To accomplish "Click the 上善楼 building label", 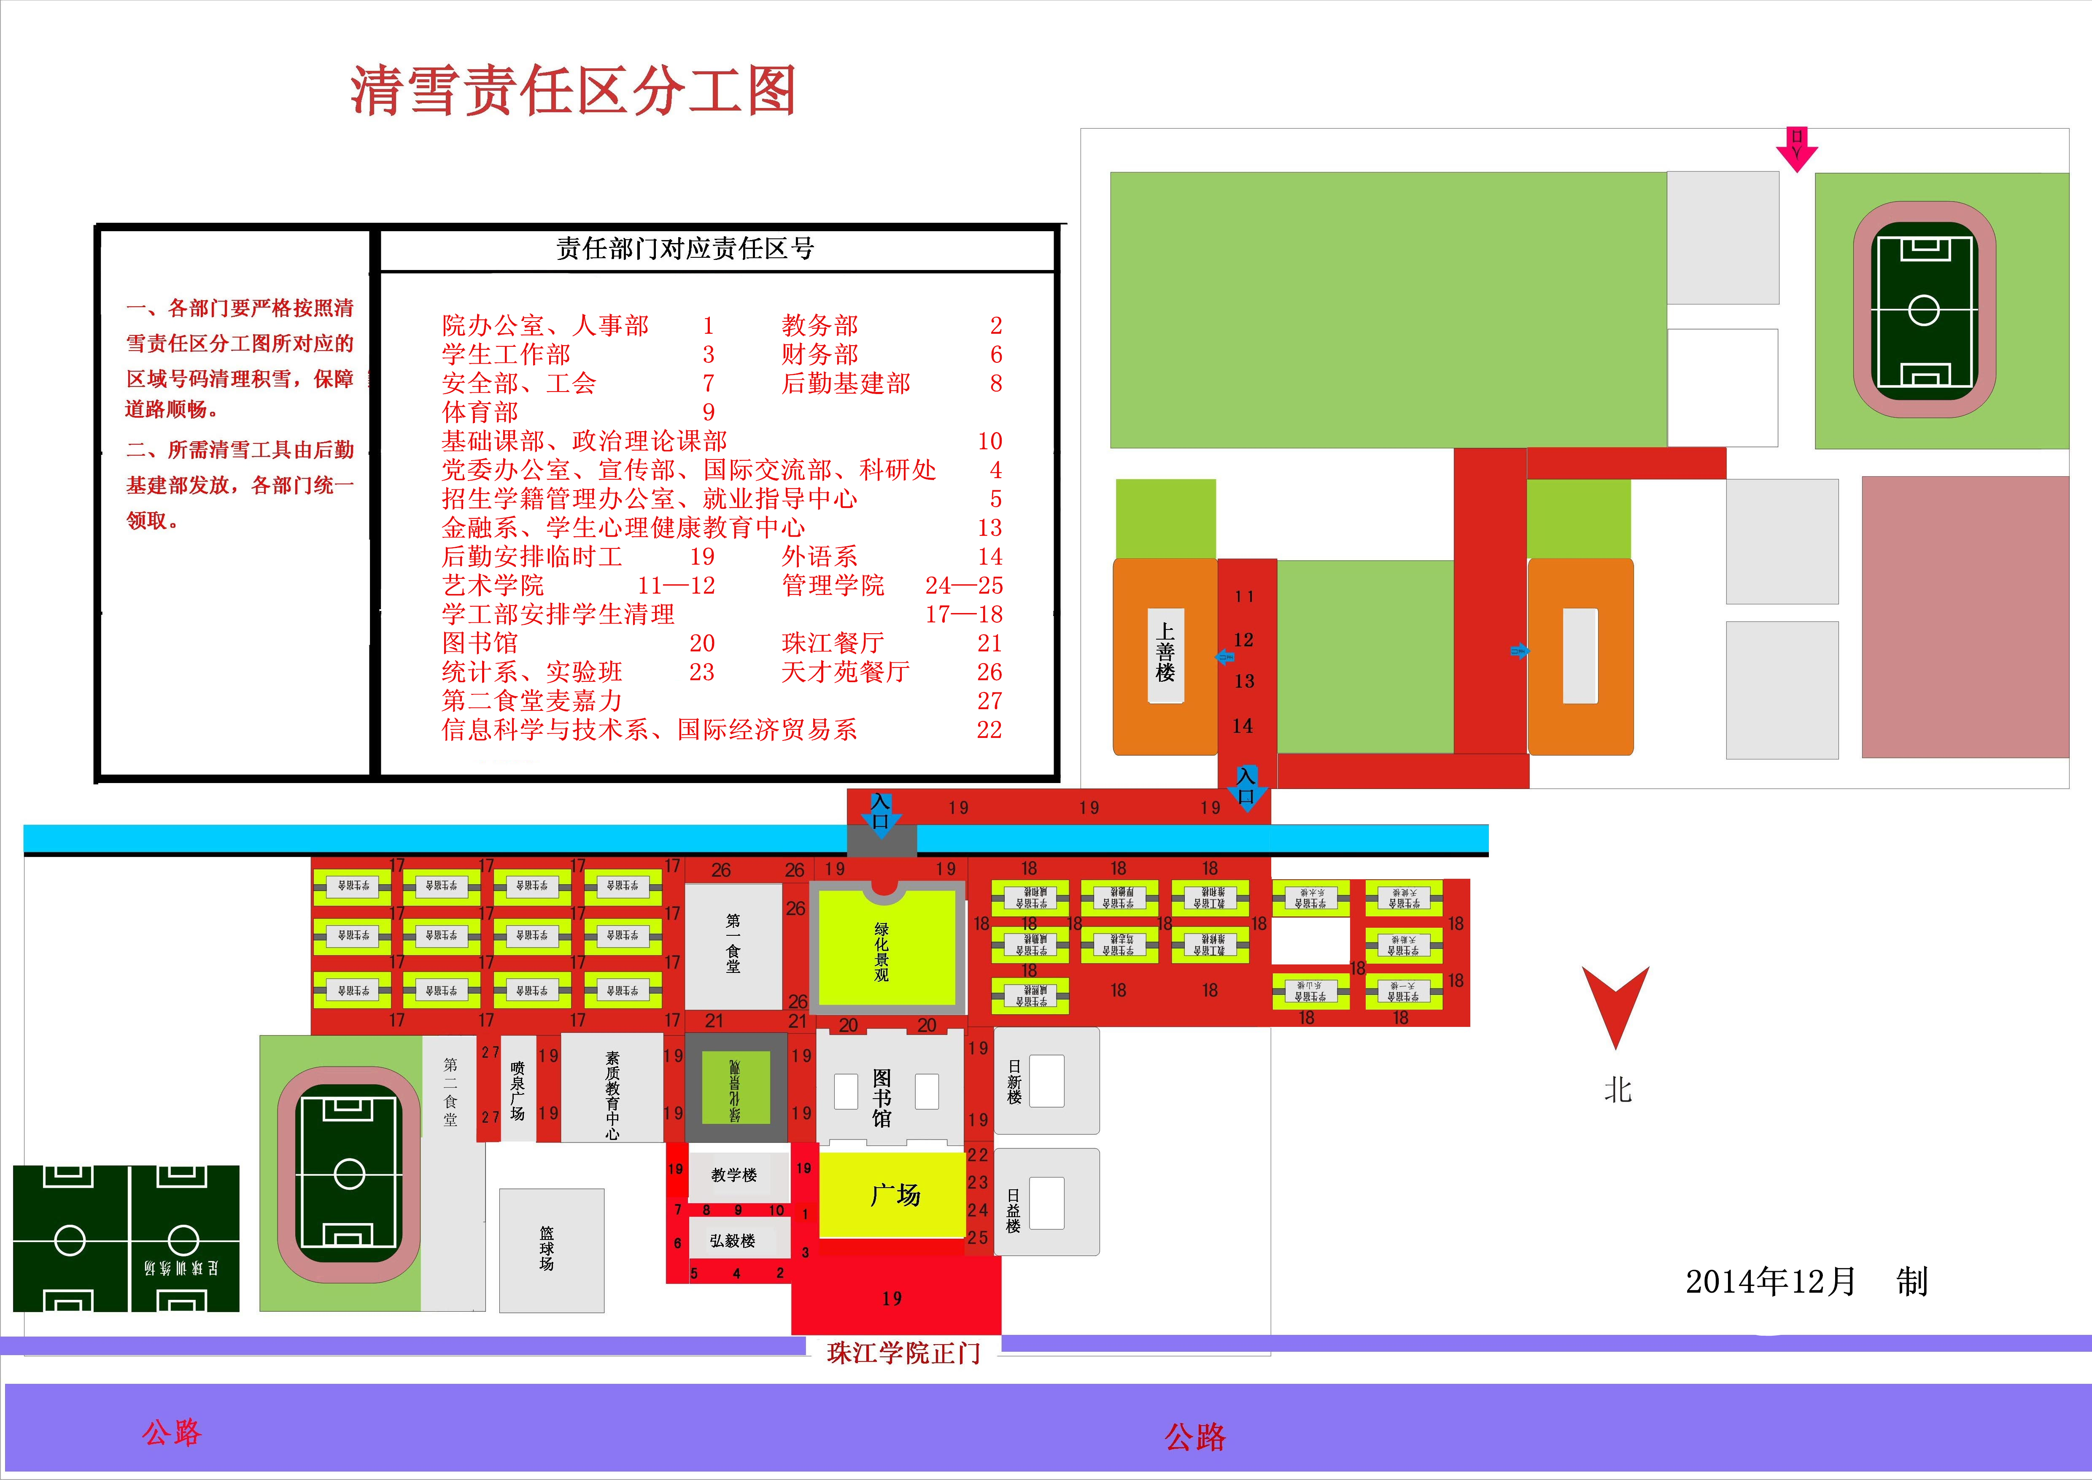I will pyautogui.click(x=1165, y=653).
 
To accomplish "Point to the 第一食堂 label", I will pyautogui.click(x=733, y=943).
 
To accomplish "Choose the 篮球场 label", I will pyautogui.click(x=547, y=1248).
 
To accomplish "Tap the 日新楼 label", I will pyautogui.click(x=1014, y=1082).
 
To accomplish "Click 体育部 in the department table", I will pyautogui.click(x=480, y=412).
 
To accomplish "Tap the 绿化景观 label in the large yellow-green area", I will pyautogui.click(x=881, y=952).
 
